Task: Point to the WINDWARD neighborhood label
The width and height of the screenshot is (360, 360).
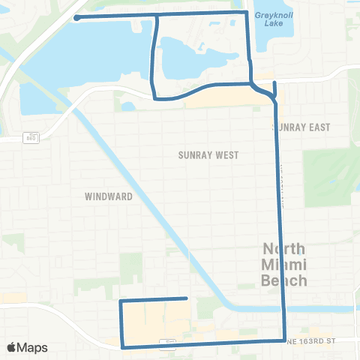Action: pyautogui.click(x=109, y=196)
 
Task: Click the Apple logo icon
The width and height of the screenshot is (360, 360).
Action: pyautogui.click(x=12, y=347)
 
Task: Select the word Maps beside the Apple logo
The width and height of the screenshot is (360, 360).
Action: pyautogui.click(x=33, y=347)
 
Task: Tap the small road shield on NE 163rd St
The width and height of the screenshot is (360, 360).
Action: pyautogui.click(x=170, y=343)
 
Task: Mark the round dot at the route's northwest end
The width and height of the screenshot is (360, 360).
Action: pyautogui.click(x=77, y=18)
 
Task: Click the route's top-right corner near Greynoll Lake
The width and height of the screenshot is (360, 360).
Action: pyautogui.click(x=247, y=13)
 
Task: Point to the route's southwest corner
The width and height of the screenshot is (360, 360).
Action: pyautogui.click(x=123, y=346)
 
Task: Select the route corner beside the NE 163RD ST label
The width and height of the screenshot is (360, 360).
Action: pyautogui.click(x=284, y=340)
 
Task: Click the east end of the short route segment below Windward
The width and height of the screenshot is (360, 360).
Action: pyautogui.click(x=186, y=298)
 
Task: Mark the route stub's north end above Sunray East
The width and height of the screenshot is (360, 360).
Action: pyautogui.click(x=275, y=82)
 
